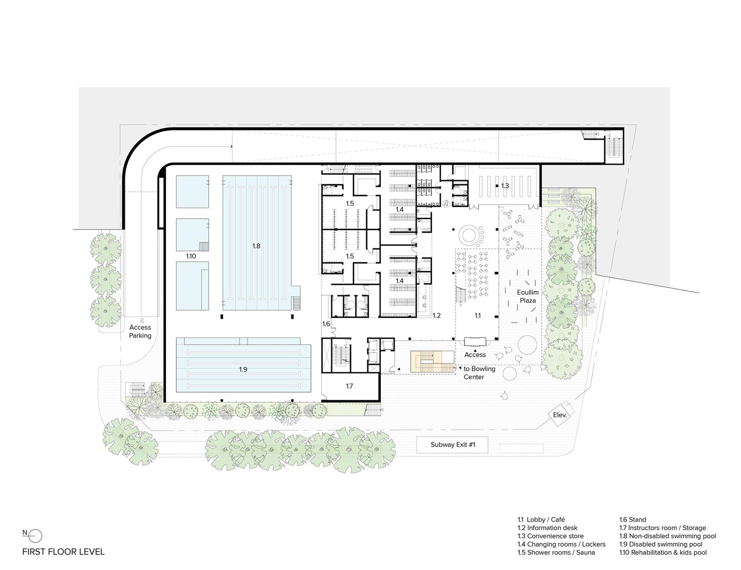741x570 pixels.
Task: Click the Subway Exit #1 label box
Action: coord(453,445)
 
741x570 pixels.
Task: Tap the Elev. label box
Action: coord(559,415)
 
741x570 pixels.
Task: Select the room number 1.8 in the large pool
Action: coord(256,246)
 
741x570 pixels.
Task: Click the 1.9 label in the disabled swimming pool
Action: coord(243,369)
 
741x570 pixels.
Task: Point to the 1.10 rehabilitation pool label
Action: coord(191,256)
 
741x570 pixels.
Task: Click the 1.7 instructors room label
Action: coord(349,386)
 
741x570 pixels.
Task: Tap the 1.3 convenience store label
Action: coord(505,186)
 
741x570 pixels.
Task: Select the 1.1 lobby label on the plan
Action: coord(477,315)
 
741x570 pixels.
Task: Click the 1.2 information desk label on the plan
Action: coord(436,315)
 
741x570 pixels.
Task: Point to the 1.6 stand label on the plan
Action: coord(326,324)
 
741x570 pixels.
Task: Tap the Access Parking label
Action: coord(140,331)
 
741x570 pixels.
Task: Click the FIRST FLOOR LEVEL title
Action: coord(63,552)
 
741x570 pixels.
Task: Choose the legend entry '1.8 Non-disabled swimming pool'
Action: coord(667,536)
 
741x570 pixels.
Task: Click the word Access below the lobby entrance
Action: coord(475,355)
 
